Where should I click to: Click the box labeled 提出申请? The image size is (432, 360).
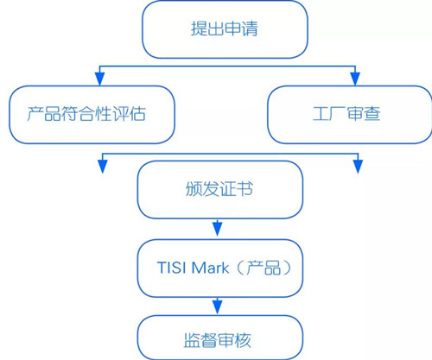(225, 29)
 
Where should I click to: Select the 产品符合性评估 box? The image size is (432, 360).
(92, 115)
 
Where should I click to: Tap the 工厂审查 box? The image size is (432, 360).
(350, 115)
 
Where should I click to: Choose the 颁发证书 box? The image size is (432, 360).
(220, 190)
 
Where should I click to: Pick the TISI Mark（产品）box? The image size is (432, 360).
(220, 268)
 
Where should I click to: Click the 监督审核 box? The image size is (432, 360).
(220, 338)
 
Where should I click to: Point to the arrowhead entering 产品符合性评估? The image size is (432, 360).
(99, 79)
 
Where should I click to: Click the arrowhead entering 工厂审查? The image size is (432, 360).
(355, 79)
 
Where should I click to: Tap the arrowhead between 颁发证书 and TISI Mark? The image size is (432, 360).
(218, 229)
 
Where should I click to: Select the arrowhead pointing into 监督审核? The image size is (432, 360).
(218, 306)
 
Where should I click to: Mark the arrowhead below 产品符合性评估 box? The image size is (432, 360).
(103, 167)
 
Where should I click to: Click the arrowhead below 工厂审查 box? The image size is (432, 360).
(358, 167)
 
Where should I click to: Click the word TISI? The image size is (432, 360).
(172, 268)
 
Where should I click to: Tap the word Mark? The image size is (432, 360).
(211, 268)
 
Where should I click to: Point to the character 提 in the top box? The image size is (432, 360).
(199, 28)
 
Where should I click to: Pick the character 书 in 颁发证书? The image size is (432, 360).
(245, 189)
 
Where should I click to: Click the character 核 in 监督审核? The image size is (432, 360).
(243, 340)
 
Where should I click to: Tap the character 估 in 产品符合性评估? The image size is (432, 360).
(137, 114)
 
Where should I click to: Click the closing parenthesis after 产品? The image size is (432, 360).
(287, 268)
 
